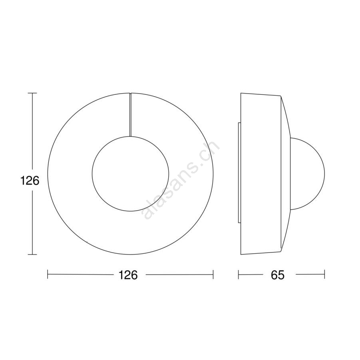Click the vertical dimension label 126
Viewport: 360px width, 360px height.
(x=30, y=181)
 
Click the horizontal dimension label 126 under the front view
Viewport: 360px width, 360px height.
(x=128, y=274)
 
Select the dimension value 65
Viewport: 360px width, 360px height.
(x=278, y=274)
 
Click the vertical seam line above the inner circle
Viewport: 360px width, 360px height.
(x=130, y=115)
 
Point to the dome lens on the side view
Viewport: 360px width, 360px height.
(x=325, y=173)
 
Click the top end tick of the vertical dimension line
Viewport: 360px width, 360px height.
(x=32, y=93)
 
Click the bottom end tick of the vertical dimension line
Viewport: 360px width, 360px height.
(x=32, y=255)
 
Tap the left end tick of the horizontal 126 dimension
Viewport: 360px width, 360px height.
(x=48, y=274)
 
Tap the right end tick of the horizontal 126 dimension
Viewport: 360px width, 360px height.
(x=213, y=274)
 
